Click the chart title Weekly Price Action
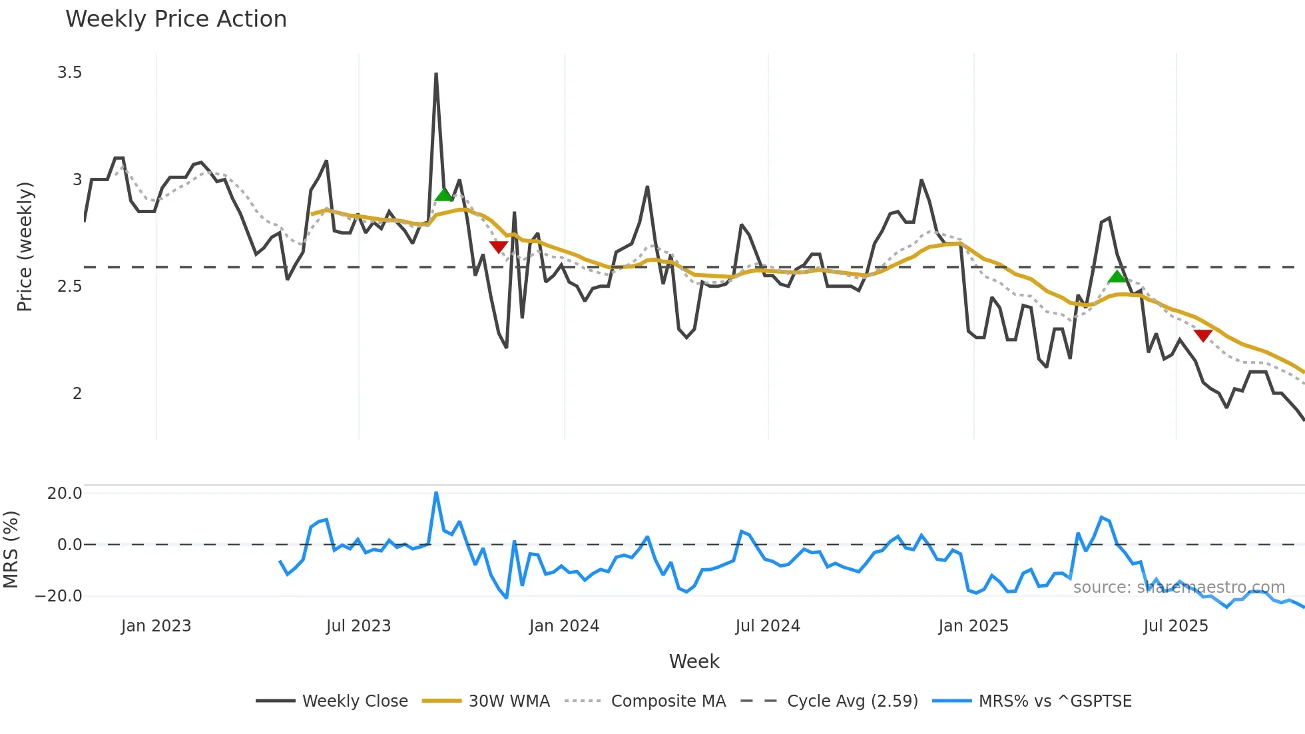tap(176, 19)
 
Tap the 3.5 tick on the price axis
tap(69, 73)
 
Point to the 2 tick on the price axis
tap(77, 394)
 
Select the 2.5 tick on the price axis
tap(69, 286)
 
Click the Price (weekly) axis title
tap(25, 246)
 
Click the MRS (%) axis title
tap(11, 550)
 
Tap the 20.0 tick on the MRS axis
tap(65, 494)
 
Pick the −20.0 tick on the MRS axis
tap(59, 596)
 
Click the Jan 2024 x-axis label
tap(564, 626)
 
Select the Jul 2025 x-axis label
tap(1175, 626)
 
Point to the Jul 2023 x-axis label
tap(358, 626)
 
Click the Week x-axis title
tap(694, 661)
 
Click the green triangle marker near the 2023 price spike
tap(443, 194)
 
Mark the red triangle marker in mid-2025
tap(1202, 335)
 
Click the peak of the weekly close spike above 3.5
tap(436, 74)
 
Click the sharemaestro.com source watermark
tap(1178, 587)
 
